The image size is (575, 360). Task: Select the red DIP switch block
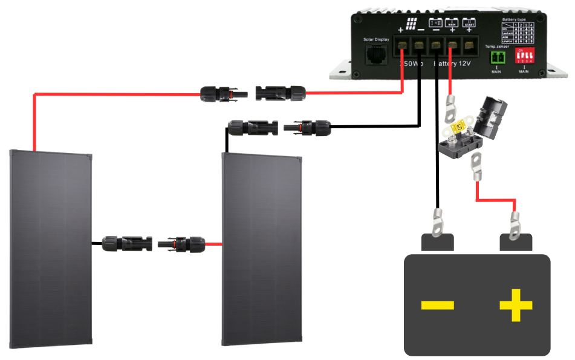click(524, 56)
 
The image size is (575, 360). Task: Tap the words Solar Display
click(377, 40)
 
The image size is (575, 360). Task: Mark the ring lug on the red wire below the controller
click(450, 107)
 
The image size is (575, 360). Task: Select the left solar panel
click(51, 248)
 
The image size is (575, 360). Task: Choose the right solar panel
click(261, 248)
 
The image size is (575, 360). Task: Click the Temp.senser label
click(496, 46)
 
